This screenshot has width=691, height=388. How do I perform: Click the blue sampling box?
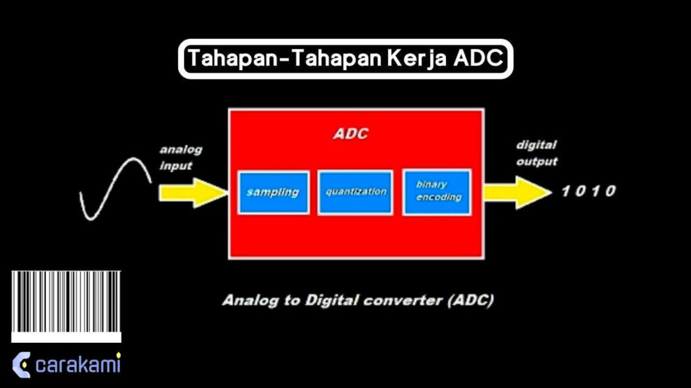(273, 193)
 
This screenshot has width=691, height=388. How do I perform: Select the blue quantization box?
(355, 193)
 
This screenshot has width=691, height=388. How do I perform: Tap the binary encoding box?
(437, 192)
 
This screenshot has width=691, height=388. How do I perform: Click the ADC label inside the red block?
(351, 133)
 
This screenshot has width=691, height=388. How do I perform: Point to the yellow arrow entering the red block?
(193, 193)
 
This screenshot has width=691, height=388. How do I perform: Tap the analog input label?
(180, 158)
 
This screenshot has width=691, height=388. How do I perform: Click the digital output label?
(536, 153)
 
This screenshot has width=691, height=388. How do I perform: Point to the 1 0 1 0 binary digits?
(588, 191)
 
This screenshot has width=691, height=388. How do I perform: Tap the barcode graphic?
(66, 305)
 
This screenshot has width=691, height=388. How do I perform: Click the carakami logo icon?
(21, 364)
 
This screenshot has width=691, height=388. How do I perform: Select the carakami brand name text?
(78, 365)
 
